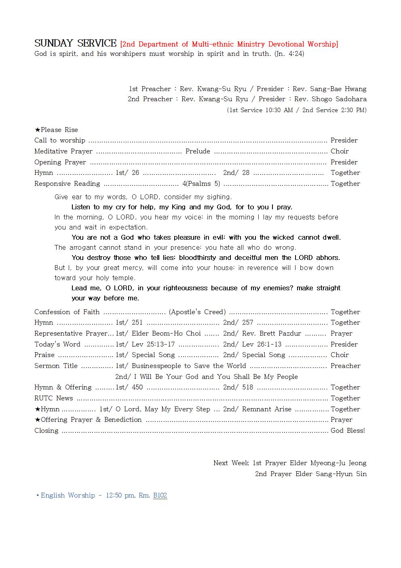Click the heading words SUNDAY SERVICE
pyautogui.click(x=75, y=43)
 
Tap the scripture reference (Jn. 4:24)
pyautogui.click(x=289, y=54)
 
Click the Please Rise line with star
pyautogui.click(x=56, y=130)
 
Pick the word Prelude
pyautogui.click(x=198, y=151)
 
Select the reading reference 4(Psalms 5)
pyautogui.click(x=201, y=184)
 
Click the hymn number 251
pyautogui.click(x=137, y=323)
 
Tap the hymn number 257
pyautogui.click(x=247, y=323)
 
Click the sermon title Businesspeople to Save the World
pyautogui.click(x=189, y=366)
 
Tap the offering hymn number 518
pyautogui.click(x=247, y=387)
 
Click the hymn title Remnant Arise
pyautogui.click(x=267, y=409)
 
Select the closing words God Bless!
pyautogui.click(x=348, y=431)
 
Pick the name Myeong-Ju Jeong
pyautogui.click(x=338, y=463)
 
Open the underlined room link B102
pyautogui.click(x=160, y=496)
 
